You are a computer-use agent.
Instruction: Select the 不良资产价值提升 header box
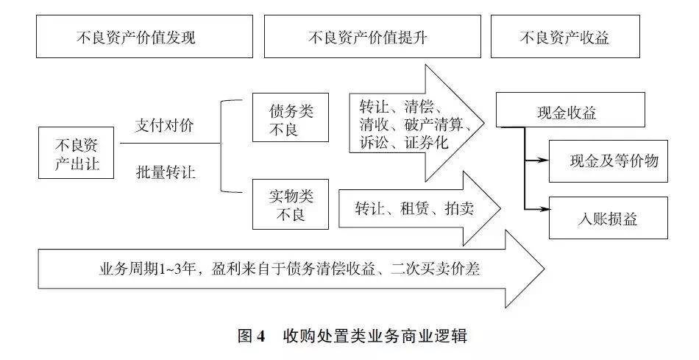click(x=369, y=37)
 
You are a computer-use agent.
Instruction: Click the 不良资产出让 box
click(x=77, y=153)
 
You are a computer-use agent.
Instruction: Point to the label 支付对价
click(x=165, y=125)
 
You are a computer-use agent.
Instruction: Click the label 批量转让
click(x=165, y=172)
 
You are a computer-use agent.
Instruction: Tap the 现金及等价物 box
click(x=608, y=161)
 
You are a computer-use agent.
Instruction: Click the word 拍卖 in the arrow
click(x=459, y=208)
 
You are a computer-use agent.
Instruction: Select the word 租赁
click(x=416, y=208)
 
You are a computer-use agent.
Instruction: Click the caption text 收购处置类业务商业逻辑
click(x=375, y=336)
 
